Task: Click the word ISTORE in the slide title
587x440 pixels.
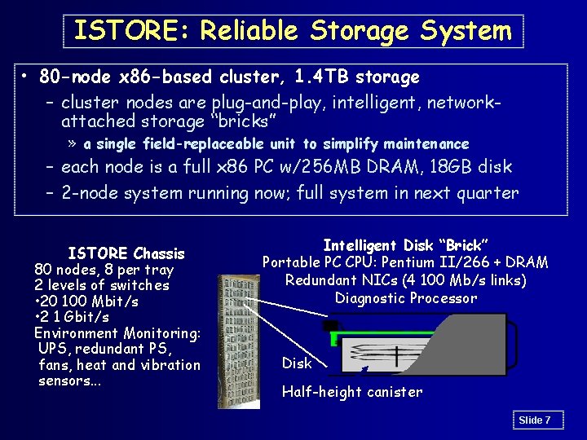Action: pos(130,31)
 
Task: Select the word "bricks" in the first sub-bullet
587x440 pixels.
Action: pos(241,122)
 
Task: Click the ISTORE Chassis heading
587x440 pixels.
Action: pos(126,253)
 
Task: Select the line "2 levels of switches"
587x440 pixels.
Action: pos(102,285)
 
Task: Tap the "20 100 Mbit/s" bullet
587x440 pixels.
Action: pos(88,301)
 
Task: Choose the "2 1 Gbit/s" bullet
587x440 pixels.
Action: pos(73,317)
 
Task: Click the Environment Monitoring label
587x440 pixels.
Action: pos(117,333)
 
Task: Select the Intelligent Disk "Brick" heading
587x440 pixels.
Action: pos(405,245)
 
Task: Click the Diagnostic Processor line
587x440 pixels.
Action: pos(405,298)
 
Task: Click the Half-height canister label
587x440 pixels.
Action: pos(352,392)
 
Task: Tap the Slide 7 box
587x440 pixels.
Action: pos(536,420)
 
